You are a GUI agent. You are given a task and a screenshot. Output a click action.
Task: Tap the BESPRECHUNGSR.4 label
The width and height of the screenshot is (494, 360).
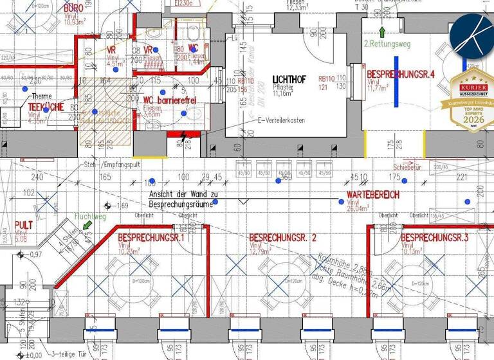pyautogui.click(x=401, y=74)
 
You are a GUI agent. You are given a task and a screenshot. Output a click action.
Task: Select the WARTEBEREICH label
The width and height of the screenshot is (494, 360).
pyautogui.click(x=372, y=194)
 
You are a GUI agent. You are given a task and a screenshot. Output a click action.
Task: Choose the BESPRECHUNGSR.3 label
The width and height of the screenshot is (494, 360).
pyautogui.click(x=434, y=239)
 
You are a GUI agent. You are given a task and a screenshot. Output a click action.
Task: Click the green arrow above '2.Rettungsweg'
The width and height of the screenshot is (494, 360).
pyautogui.click(x=381, y=32)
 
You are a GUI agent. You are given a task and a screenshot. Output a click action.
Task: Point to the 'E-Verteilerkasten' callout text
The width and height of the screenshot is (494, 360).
pyautogui.click(x=280, y=120)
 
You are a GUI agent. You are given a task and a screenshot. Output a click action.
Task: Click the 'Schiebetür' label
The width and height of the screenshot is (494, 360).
pyautogui.click(x=407, y=165)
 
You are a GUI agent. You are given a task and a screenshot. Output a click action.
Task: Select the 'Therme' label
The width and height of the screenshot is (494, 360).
pyautogui.click(x=41, y=96)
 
